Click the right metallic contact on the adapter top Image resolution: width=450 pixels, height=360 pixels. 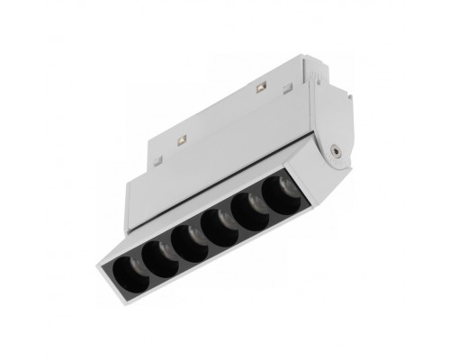click(x=261, y=88)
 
